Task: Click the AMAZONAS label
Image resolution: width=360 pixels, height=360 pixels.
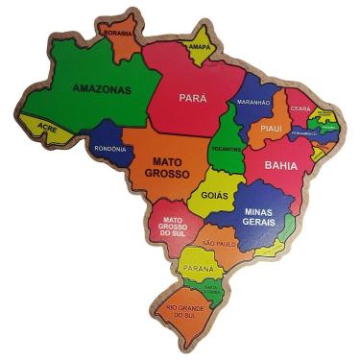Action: pyautogui.click(x=101, y=88)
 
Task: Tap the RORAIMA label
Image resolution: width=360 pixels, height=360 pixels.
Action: pyautogui.click(x=119, y=33)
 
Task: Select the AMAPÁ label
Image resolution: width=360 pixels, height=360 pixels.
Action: pyautogui.click(x=199, y=45)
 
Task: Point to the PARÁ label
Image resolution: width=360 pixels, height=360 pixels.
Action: pyautogui.click(x=193, y=97)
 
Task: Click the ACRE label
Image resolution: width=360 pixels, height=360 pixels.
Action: pyautogui.click(x=47, y=127)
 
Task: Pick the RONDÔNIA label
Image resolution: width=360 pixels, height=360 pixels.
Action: pyautogui.click(x=110, y=149)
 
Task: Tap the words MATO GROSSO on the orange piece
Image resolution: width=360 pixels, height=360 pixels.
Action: pyautogui.click(x=164, y=168)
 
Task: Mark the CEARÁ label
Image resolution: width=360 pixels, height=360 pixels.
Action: pyautogui.click(x=302, y=108)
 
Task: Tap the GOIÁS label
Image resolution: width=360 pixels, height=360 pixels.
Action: pyautogui.click(x=214, y=196)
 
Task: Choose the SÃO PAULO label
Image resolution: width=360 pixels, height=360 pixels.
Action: pyautogui.click(x=219, y=244)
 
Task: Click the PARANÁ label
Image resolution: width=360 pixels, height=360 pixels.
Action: pyautogui.click(x=198, y=268)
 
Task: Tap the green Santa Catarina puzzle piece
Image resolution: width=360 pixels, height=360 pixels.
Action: pyautogui.click(x=208, y=288)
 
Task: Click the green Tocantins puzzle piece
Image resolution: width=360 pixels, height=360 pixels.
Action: pyautogui.click(x=226, y=134)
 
